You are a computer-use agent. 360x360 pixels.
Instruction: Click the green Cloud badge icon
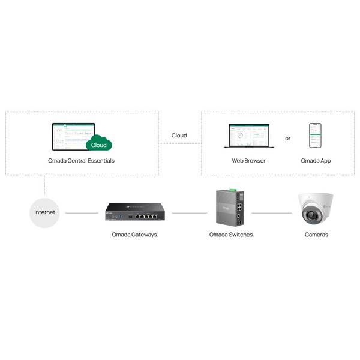coord(99,144)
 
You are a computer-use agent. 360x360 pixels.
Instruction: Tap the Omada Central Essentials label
coord(81,161)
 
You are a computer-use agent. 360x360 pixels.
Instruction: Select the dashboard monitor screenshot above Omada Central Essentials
coord(73,136)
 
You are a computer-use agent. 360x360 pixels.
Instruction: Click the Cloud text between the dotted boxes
coord(179,136)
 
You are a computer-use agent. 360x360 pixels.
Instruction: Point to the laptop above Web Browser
coord(248,137)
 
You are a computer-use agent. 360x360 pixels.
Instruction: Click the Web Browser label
coord(248,161)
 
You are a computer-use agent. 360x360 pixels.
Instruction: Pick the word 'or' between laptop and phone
coord(287,138)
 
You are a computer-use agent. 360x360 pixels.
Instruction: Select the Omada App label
coord(316,161)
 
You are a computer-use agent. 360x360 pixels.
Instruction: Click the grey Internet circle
coord(44,212)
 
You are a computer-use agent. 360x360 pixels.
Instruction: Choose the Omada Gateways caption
coord(134,235)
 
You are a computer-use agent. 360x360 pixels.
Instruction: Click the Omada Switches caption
coord(231,235)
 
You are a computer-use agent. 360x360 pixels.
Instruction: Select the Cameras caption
coord(316,235)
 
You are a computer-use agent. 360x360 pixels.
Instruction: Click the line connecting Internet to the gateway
coord(82,212)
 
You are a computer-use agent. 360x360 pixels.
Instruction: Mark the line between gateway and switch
coord(190,212)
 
